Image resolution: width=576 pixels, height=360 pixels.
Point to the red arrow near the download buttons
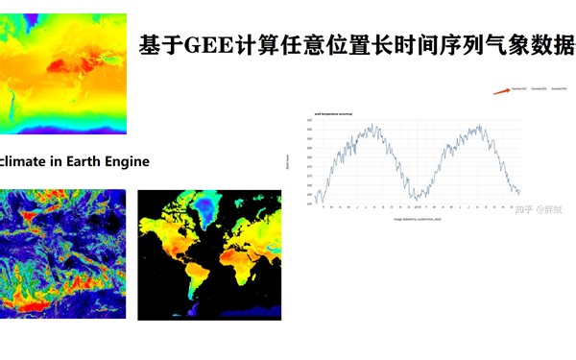click(x=501, y=90)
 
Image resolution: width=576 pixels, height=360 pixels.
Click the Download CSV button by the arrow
click(x=516, y=87)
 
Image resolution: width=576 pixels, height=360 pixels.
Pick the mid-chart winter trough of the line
click(x=415, y=199)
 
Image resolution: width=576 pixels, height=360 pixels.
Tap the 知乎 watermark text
click(x=525, y=207)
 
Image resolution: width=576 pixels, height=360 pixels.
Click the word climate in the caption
click(x=26, y=161)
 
